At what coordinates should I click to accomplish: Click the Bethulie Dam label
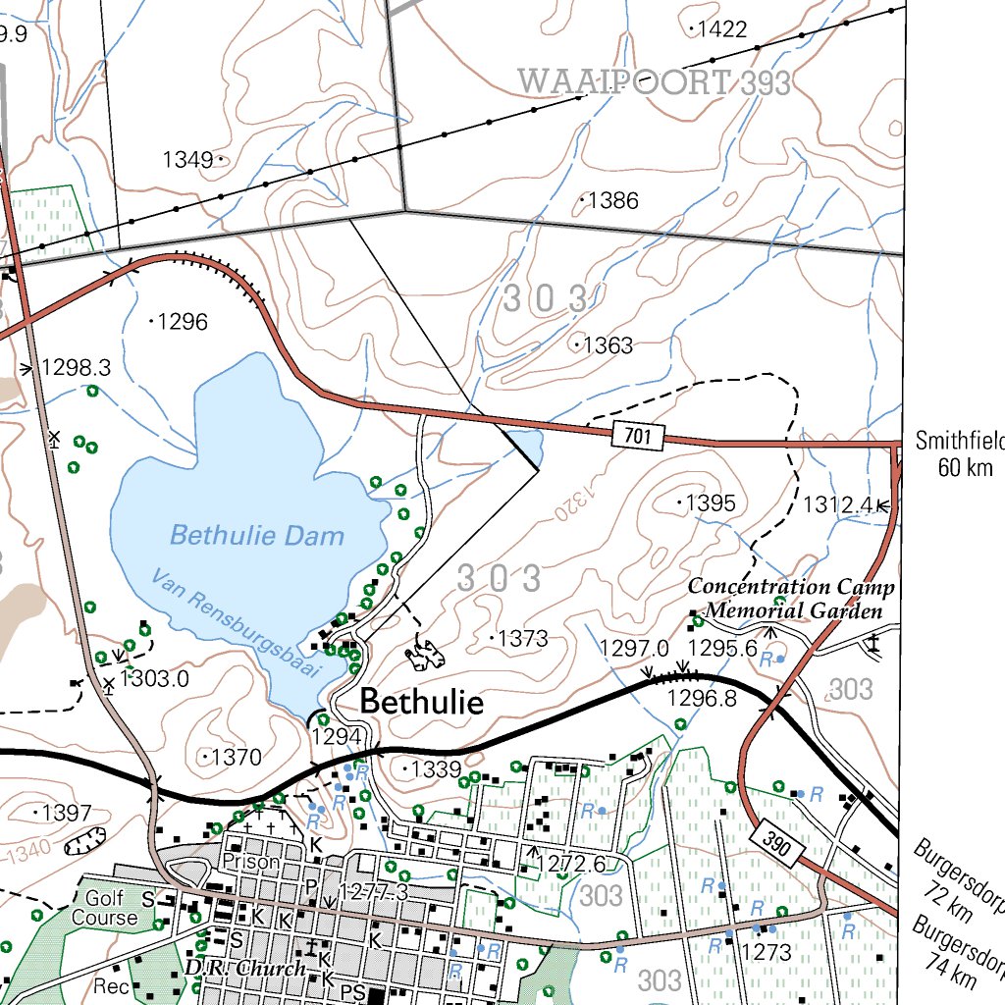tap(257, 536)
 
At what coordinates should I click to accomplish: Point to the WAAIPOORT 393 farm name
tap(655, 82)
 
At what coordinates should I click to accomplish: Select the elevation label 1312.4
tap(838, 505)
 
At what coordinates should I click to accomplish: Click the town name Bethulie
tap(422, 702)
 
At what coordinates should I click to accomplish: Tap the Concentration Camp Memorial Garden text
tap(791, 599)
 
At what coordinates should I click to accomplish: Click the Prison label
tap(251, 862)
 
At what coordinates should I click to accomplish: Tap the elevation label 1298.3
tap(76, 368)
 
